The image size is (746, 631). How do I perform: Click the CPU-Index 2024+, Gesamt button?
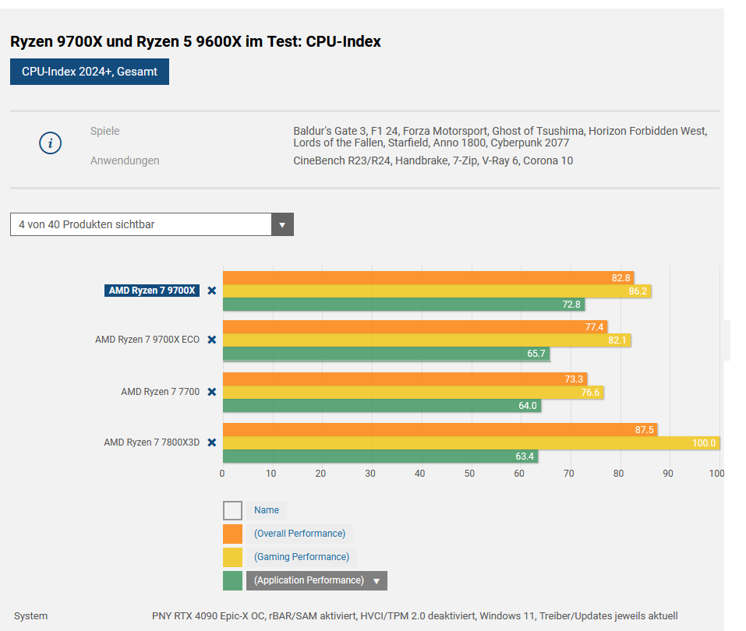90,72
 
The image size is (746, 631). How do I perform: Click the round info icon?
50,143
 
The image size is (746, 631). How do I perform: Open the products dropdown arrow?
282,224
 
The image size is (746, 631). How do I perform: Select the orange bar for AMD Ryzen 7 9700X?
427,277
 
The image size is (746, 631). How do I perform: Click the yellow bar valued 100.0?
471,443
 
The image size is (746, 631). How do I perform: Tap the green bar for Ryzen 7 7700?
381,406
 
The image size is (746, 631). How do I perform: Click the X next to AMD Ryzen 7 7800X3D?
211,442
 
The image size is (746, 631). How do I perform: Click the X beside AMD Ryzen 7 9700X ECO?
211,340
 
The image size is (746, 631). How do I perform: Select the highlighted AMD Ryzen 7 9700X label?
152,291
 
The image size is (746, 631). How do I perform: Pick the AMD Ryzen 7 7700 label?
161,392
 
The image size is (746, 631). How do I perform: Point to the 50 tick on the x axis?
470,473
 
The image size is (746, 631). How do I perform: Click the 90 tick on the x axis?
668,473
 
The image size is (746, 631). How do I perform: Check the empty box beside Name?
232,510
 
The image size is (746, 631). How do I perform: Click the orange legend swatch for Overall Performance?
232,534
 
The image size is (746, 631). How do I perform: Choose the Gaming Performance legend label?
301,557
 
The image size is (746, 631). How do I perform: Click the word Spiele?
104,131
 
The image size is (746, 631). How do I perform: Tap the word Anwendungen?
125,160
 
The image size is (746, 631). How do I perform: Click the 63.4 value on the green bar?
525,457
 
